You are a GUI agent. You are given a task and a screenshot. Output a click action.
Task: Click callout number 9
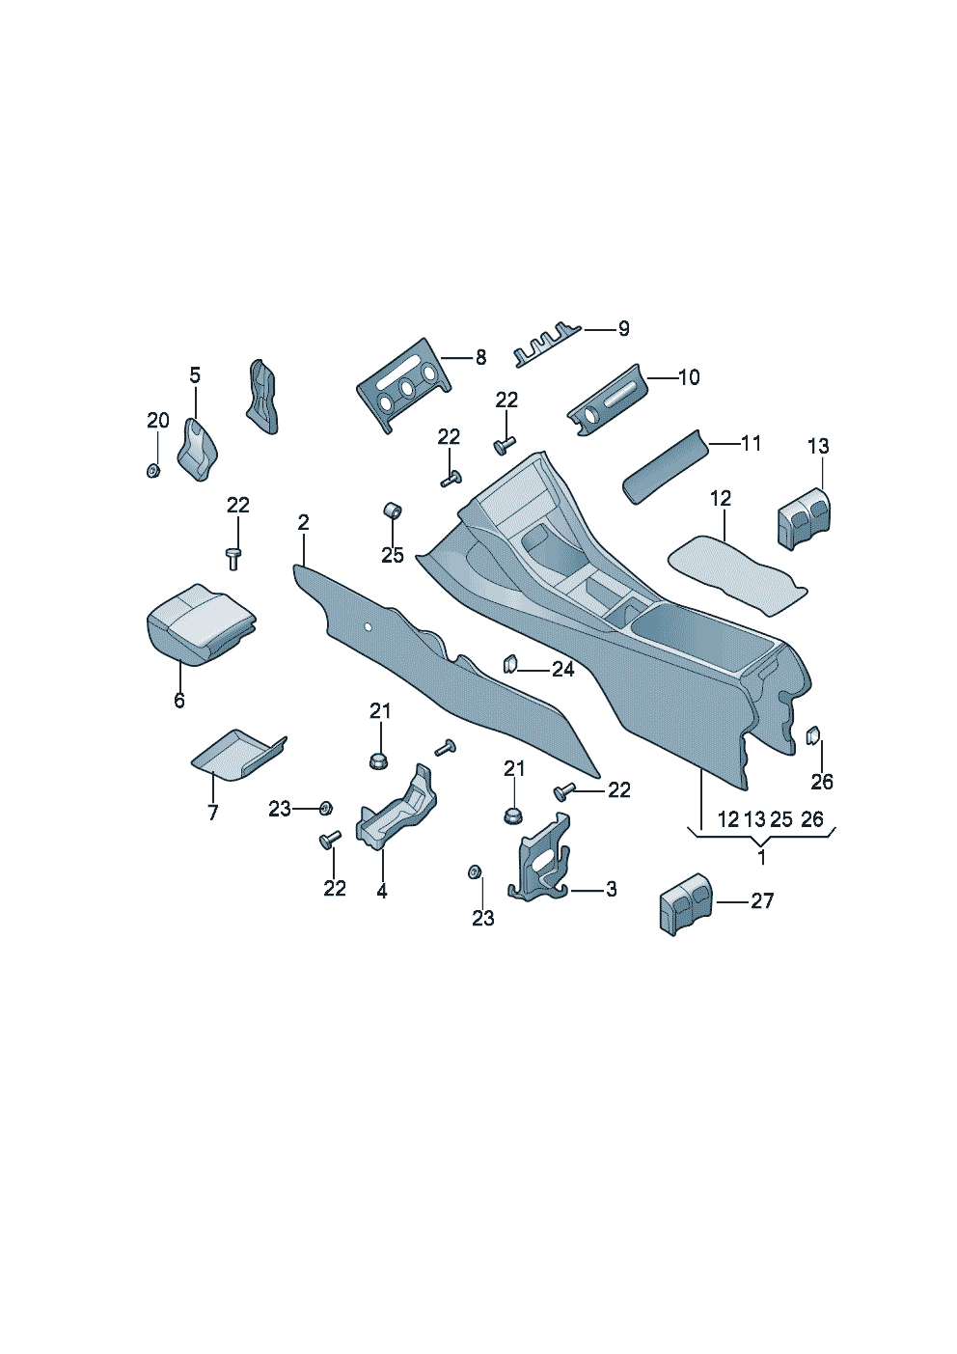tap(623, 329)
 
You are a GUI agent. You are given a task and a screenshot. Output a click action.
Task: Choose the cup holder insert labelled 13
tap(801, 519)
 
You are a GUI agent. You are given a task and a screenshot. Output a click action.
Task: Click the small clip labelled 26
tap(813, 735)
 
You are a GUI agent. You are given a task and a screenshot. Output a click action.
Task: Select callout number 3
tap(611, 889)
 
